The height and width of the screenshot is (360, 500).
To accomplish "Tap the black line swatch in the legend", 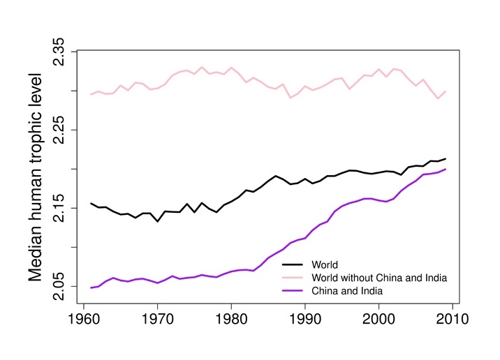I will (x=293, y=265).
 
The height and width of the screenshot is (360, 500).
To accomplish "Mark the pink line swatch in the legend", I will (x=293, y=278).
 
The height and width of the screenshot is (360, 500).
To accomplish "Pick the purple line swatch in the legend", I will (x=293, y=290).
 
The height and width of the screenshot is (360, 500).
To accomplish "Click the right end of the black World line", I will (x=446, y=159).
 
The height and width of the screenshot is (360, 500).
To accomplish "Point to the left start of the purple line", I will (x=91, y=287).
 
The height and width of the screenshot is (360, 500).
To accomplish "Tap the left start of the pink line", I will (x=91, y=94).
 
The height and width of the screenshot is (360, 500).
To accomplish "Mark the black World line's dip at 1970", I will (x=158, y=221).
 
